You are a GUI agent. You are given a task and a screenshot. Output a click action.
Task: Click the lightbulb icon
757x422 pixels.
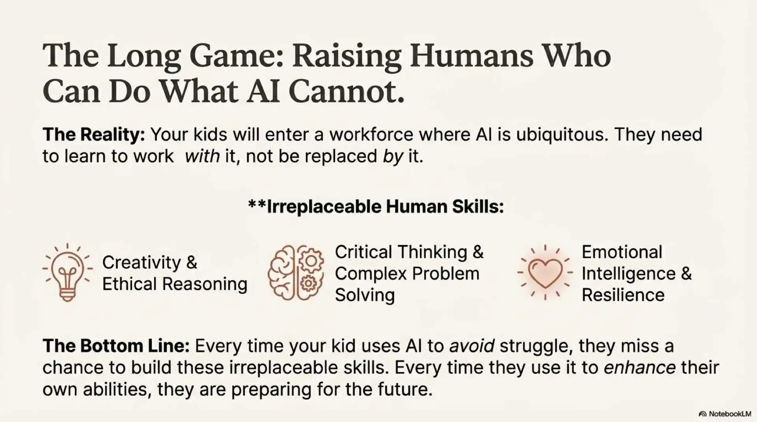(x=67, y=272)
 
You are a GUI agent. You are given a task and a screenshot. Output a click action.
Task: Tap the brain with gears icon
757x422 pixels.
(x=296, y=273)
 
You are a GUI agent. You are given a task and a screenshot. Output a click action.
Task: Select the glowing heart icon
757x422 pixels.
(x=545, y=272)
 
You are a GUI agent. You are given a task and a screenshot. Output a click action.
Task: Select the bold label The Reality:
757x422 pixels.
(x=94, y=135)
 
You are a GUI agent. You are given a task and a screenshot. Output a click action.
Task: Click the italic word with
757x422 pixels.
(x=202, y=157)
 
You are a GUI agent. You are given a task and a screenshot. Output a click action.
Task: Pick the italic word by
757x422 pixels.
(x=393, y=157)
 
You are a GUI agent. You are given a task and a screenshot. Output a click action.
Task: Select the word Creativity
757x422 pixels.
(x=141, y=263)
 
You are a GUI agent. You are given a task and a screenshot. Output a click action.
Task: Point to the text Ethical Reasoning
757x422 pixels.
(x=175, y=284)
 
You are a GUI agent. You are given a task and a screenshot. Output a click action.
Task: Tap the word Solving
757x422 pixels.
(x=365, y=295)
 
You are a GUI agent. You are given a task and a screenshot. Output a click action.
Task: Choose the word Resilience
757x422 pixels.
(x=623, y=295)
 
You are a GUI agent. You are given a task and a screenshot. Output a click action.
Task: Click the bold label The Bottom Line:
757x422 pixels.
(x=116, y=346)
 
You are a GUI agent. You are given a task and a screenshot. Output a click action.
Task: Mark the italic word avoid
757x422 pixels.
(x=472, y=346)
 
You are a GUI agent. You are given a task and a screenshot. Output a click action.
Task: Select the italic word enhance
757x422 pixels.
(x=640, y=368)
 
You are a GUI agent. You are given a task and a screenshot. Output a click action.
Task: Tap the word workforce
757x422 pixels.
(x=371, y=135)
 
